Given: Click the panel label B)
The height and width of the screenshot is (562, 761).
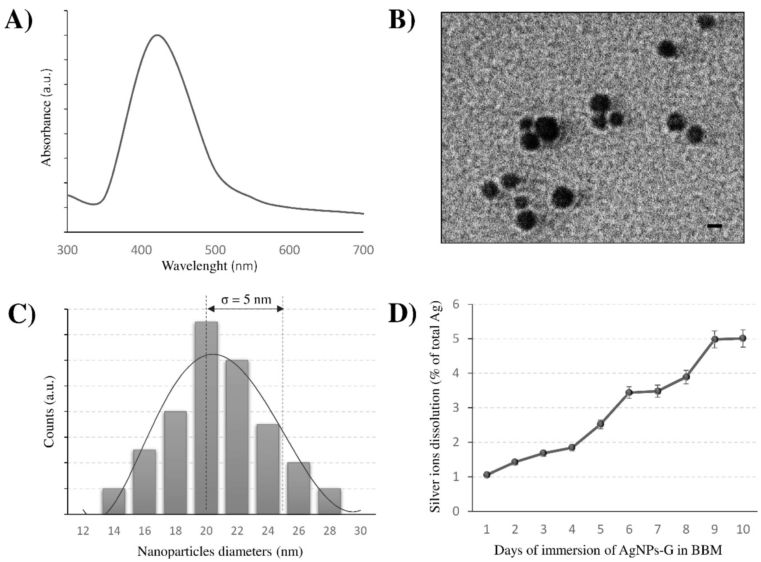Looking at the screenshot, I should click(402, 20).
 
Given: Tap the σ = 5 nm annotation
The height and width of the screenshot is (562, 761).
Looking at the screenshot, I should click(246, 299).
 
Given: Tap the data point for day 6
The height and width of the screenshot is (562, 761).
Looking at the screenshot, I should click(629, 393).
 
